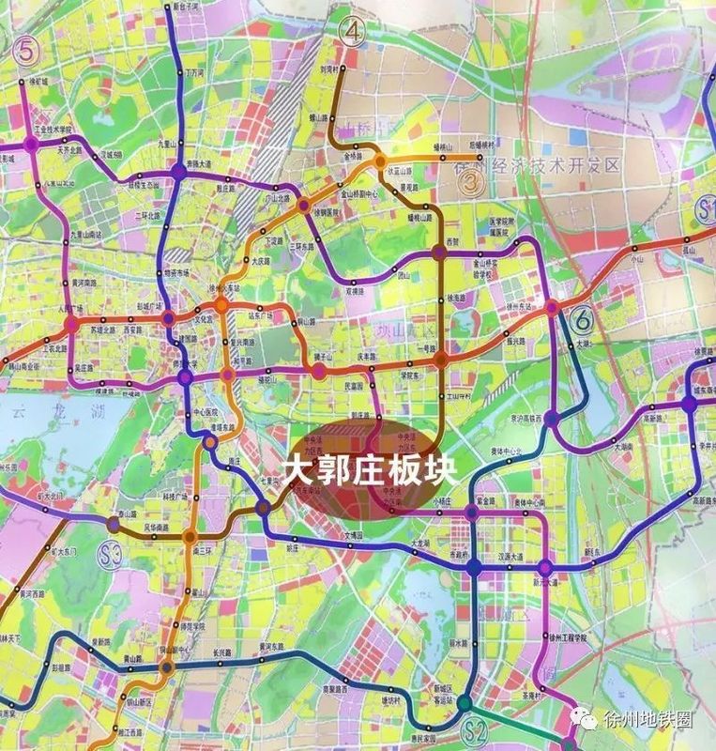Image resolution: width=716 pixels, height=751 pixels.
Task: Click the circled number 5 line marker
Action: click(x=25, y=48)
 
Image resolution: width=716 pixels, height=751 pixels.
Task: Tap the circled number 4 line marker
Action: click(x=352, y=33)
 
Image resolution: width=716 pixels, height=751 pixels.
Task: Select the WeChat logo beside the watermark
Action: click(x=588, y=720)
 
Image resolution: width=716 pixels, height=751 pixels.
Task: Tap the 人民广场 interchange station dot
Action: click(x=71, y=325)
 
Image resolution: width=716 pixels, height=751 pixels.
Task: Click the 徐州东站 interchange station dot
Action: click(x=553, y=306)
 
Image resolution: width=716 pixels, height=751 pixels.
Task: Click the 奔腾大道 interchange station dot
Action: click(x=178, y=172)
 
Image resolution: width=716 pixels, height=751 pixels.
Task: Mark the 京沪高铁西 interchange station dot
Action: click(x=552, y=419)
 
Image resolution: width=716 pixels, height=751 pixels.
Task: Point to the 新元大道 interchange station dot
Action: click(x=546, y=568)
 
